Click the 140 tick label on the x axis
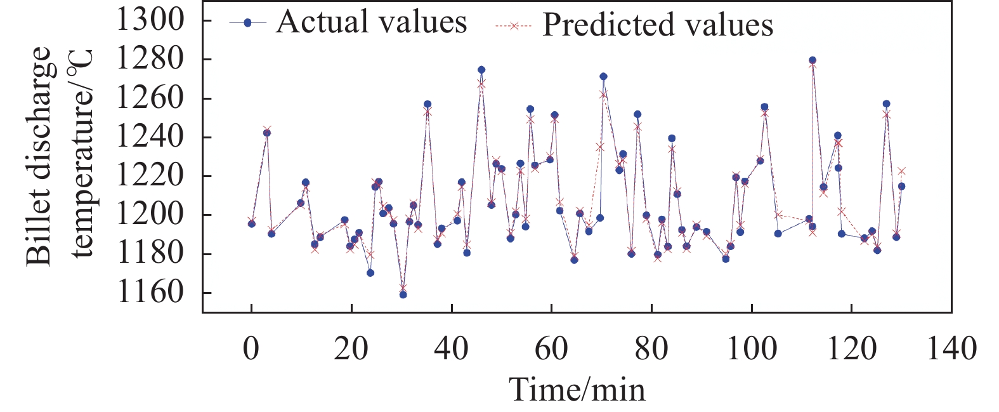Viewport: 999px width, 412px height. [x=951, y=349]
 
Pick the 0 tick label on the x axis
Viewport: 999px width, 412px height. [x=252, y=349]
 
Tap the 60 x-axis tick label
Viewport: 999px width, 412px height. [x=551, y=349]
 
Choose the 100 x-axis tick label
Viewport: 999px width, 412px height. [x=751, y=349]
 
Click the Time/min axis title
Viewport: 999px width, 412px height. [x=577, y=389]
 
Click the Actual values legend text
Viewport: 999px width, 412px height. [x=372, y=22]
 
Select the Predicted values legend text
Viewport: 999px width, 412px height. [x=658, y=25]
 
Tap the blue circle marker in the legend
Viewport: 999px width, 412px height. [x=248, y=23]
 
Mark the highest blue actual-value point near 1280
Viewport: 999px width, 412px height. [x=813, y=60]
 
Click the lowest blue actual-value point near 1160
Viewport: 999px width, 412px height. [x=403, y=295]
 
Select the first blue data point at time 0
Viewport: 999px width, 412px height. [x=252, y=223]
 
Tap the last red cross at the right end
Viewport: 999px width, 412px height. [x=901, y=171]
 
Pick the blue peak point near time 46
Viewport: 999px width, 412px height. [x=481, y=70]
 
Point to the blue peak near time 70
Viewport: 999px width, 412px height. [x=603, y=76]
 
